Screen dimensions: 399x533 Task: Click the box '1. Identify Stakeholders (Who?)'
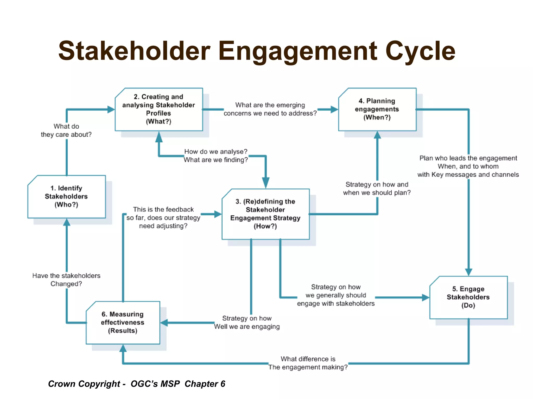pyautogui.click(x=67, y=197)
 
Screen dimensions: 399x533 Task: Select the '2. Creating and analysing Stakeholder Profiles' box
pyautogui.click(x=159, y=109)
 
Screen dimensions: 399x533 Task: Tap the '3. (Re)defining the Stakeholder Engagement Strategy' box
pyautogui.click(x=265, y=214)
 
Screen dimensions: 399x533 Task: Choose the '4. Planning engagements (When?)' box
pyautogui.click(x=377, y=109)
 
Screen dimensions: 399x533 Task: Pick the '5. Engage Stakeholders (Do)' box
pyautogui.click(x=468, y=297)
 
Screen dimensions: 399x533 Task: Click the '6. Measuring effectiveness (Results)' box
pyautogui.click(x=123, y=323)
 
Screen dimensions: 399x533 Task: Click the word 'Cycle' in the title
pyautogui.click(x=420, y=51)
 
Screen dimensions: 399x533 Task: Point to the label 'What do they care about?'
pyautogui.click(x=66, y=130)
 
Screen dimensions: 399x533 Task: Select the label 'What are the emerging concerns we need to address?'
pyautogui.click(x=270, y=109)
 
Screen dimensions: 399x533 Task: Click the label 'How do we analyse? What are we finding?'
pyautogui.click(x=216, y=156)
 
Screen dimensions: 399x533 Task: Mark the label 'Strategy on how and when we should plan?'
pyautogui.click(x=377, y=189)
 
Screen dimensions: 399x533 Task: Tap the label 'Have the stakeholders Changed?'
pyautogui.click(x=66, y=280)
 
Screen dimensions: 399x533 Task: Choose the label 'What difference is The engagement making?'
pyautogui.click(x=308, y=363)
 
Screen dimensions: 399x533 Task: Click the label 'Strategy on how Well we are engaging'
pyautogui.click(x=247, y=322)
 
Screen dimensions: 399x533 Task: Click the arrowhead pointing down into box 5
pyautogui.click(x=469, y=272)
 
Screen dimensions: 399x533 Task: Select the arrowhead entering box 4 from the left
pyautogui.click(x=334, y=109)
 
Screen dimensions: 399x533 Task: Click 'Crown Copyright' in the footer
pyautogui.click(x=84, y=384)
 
